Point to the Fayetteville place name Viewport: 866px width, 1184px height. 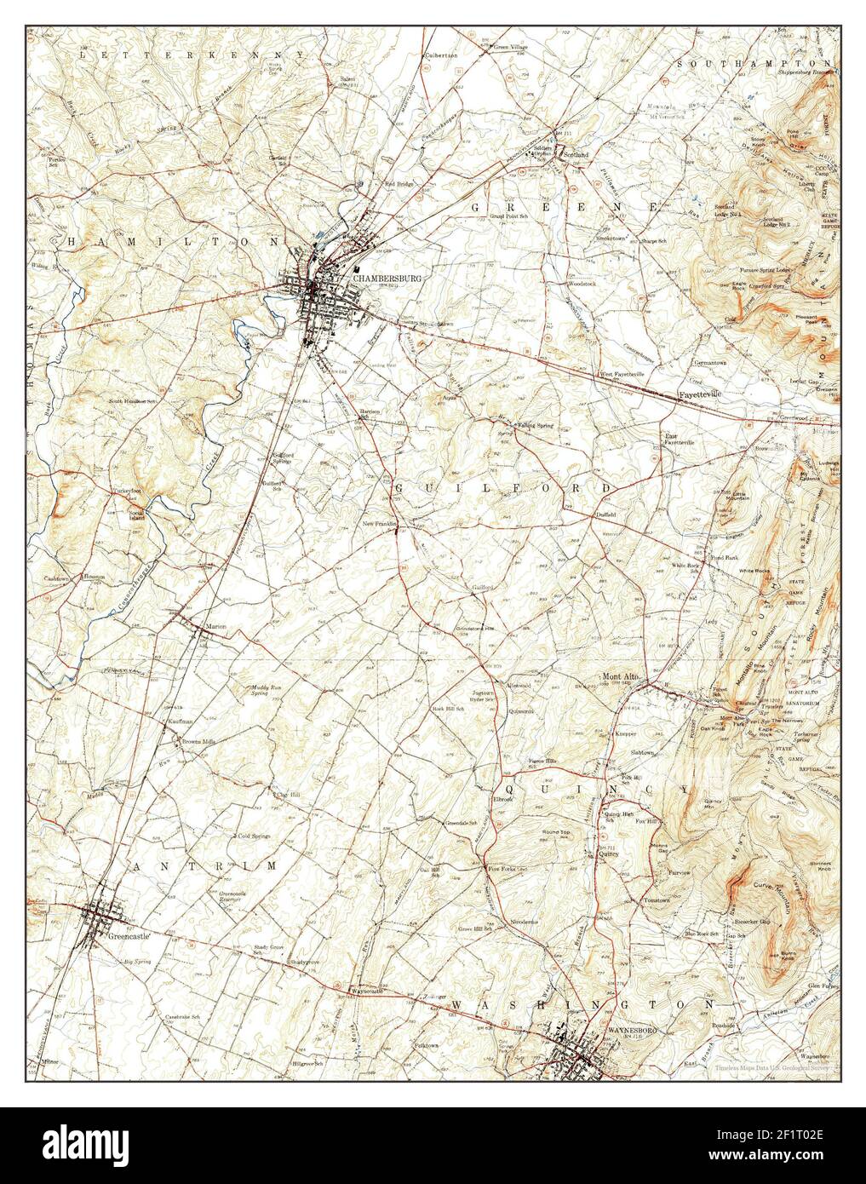click(x=699, y=395)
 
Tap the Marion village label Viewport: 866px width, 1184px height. click(x=215, y=628)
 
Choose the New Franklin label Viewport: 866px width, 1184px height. click(x=380, y=524)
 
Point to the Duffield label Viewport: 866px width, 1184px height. click(x=606, y=516)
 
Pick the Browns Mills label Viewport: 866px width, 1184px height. click(x=198, y=742)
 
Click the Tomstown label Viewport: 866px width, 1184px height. click(x=657, y=900)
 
